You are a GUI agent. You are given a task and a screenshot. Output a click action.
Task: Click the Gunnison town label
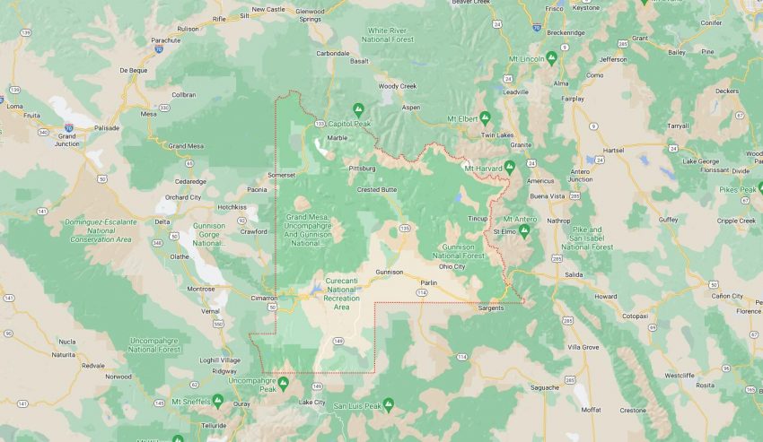(x=390, y=271)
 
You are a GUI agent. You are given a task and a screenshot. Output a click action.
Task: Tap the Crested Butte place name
(x=377, y=189)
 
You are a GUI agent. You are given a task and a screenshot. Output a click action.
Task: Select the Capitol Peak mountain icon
(x=358, y=108)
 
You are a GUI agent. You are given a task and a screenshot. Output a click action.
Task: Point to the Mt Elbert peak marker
(x=485, y=117)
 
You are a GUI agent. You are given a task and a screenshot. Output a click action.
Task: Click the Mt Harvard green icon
(x=509, y=166)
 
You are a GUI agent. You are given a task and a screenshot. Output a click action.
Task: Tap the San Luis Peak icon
(x=388, y=405)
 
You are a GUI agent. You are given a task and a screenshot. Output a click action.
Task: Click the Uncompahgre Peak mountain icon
(x=284, y=383)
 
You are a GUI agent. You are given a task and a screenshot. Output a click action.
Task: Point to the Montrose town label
(x=200, y=289)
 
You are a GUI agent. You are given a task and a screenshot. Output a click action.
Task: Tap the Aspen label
(x=410, y=107)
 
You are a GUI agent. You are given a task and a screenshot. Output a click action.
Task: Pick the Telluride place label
(x=215, y=425)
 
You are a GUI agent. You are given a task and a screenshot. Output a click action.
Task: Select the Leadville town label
(x=516, y=91)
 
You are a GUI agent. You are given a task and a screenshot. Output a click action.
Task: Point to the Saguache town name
(x=545, y=387)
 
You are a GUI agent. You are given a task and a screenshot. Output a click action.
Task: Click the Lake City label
(x=311, y=402)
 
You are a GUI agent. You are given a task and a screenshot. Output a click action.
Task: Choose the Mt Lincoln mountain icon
(x=551, y=58)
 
